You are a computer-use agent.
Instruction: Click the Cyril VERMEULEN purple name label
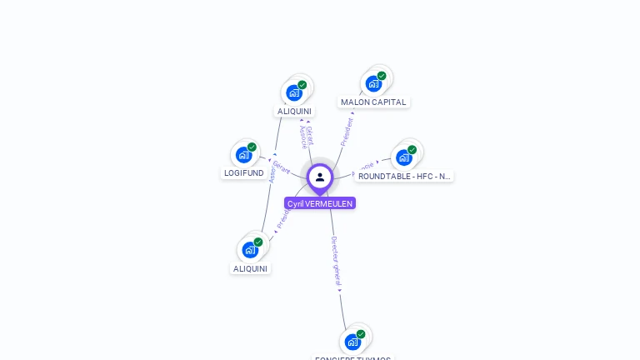click(x=320, y=203)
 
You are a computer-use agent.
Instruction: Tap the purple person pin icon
click(x=320, y=177)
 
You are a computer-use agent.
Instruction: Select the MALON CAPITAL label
click(x=373, y=102)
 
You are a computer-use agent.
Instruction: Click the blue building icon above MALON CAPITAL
click(x=373, y=83)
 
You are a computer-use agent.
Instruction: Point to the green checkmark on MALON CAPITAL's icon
click(x=382, y=76)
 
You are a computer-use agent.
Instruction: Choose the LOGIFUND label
click(x=244, y=173)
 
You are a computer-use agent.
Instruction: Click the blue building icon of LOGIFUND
click(x=243, y=154)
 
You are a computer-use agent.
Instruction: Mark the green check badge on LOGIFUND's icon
click(x=252, y=147)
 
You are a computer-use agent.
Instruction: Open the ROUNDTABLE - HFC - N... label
click(x=404, y=177)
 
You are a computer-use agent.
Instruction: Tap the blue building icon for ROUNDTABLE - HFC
click(x=403, y=157)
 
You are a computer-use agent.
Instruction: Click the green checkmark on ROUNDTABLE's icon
click(x=412, y=150)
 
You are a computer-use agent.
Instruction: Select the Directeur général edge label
click(x=335, y=261)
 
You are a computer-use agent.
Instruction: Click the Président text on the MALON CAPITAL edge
click(x=347, y=132)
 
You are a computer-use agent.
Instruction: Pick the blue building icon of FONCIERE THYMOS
click(x=352, y=342)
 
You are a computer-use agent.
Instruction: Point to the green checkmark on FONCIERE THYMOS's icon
click(x=361, y=334)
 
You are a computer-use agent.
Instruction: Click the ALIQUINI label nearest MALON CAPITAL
click(x=294, y=112)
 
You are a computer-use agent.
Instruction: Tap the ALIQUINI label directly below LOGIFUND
click(x=250, y=269)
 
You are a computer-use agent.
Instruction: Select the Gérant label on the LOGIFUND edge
click(x=282, y=167)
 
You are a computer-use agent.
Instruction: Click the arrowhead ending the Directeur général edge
click(x=340, y=290)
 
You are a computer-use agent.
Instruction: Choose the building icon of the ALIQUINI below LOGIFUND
click(x=250, y=249)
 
